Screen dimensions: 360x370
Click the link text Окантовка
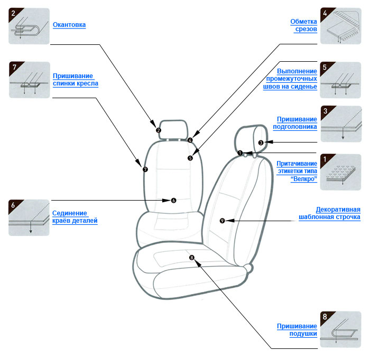pos(69,25)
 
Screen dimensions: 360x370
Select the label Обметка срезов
pos(303,25)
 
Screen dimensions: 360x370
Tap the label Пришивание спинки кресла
pos(76,79)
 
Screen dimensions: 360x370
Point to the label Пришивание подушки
pos(297,330)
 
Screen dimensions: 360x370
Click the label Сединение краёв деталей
pos(75,217)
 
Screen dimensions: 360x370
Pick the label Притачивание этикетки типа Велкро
pos(297,172)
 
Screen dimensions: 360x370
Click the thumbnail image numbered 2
pos(30,26)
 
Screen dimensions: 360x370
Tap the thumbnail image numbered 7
pos(30,80)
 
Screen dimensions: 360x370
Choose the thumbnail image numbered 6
pos(30,217)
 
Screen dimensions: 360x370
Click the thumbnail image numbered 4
pos(340,26)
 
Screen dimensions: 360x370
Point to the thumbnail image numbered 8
pos(340,330)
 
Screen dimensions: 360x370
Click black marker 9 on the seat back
pos(221,220)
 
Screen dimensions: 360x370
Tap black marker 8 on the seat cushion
pos(192,258)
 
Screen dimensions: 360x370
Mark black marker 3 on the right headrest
pos(261,143)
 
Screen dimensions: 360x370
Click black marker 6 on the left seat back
pos(173,200)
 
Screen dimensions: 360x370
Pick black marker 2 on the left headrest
pos(159,130)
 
